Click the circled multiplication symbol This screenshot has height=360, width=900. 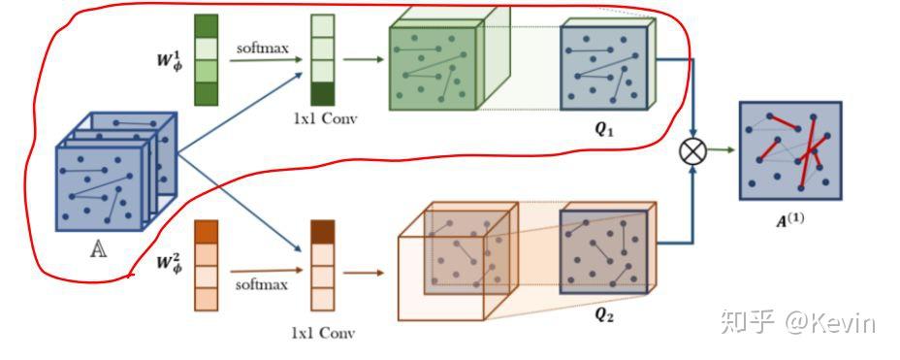(692, 150)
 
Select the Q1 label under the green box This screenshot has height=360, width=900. (605, 130)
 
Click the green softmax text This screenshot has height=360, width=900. (261, 46)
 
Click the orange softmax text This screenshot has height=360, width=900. (261, 284)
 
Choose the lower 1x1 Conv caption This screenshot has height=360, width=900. (323, 333)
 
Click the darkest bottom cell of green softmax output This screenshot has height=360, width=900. (322, 94)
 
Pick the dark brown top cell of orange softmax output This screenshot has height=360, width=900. (322, 231)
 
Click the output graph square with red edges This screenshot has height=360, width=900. (789, 150)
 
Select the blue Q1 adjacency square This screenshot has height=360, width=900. (603, 67)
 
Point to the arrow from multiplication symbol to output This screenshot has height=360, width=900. (720, 150)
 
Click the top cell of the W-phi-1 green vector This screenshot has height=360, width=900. (206, 25)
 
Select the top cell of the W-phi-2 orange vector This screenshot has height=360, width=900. (206, 232)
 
